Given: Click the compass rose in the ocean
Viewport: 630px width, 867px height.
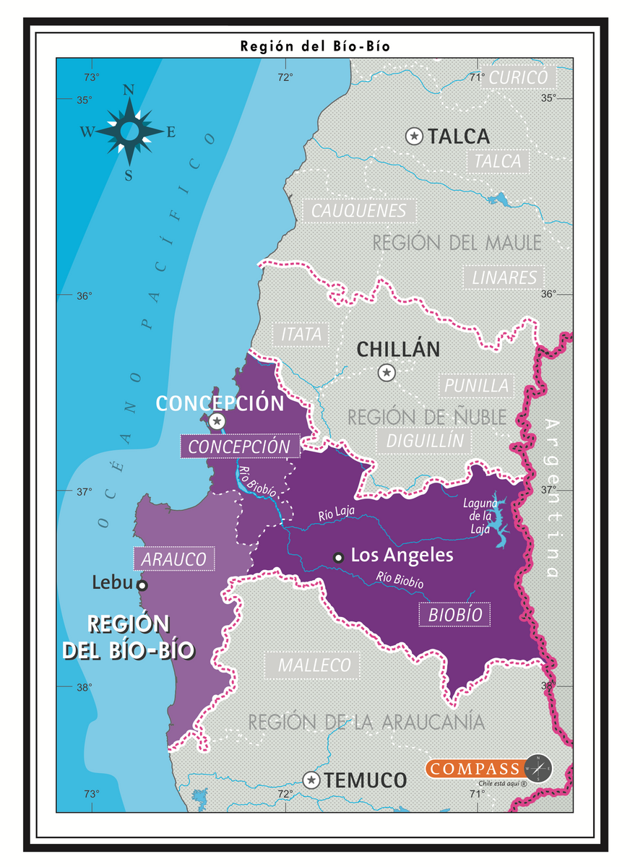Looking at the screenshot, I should (x=129, y=131).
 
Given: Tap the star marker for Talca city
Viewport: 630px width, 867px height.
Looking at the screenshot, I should (x=414, y=136).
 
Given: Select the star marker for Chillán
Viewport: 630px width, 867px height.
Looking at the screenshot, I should (x=387, y=373).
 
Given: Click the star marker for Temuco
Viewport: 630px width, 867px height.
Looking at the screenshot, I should (x=311, y=780).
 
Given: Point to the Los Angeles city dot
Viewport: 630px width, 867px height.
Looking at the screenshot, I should (x=337, y=556).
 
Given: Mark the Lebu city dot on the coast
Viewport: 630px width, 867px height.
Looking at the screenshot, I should (x=142, y=585).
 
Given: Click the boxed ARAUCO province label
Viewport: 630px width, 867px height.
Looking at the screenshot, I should (x=174, y=558).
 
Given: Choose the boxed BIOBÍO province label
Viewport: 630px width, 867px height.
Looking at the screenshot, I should (x=454, y=615).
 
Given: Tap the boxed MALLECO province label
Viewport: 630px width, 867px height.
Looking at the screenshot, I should (x=314, y=665).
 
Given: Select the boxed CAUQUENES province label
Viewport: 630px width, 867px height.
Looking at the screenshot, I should (x=359, y=211).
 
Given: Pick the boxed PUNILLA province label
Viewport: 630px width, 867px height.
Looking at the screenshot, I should (x=476, y=386).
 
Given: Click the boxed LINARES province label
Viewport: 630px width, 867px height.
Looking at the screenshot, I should (x=505, y=277).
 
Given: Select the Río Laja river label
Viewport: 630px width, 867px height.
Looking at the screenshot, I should (x=336, y=515).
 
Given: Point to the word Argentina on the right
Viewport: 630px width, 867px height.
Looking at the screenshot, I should (x=552, y=499).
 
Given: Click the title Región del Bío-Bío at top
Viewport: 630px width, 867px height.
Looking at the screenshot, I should (x=315, y=46).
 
